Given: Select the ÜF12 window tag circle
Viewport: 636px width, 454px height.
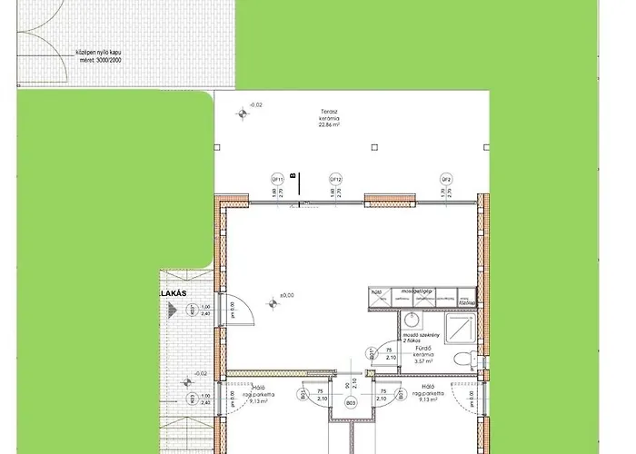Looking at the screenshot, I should click(x=335, y=179).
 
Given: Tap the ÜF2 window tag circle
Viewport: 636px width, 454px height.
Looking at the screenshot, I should click(x=446, y=179).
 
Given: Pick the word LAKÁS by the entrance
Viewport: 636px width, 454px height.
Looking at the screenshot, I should click(x=172, y=294).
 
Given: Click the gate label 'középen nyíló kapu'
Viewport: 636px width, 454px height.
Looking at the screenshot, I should click(x=98, y=54).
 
